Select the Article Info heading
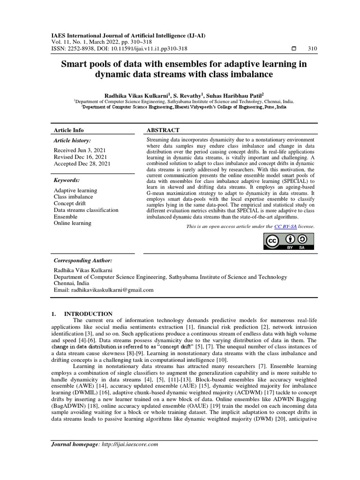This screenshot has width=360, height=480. pyautogui.click(x=69, y=130)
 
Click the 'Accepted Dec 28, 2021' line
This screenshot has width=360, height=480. pyautogui.click(x=82, y=163)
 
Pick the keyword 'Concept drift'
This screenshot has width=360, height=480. pyautogui.click(x=70, y=203)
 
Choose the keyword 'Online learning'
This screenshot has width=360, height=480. pyautogui.click(x=73, y=223)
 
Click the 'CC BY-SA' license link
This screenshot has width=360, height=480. pyautogui.click(x=285, y=226)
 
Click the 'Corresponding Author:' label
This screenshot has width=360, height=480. pyautogui.click(x=83, y=260)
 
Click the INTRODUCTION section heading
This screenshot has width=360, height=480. pyautogui.click(x=88, y=314)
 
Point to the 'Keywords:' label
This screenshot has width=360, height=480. pyautogui.click(x=67, y=180)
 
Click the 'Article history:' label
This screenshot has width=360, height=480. pyautogui.click(x=72, y=140)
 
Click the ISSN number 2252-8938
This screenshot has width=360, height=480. pyautogui.click(x=82, y=48)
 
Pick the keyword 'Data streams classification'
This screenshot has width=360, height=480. pyautogui.click(x=86, y=210)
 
